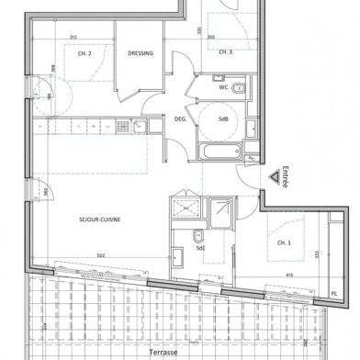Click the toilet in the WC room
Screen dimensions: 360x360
[237, 88]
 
